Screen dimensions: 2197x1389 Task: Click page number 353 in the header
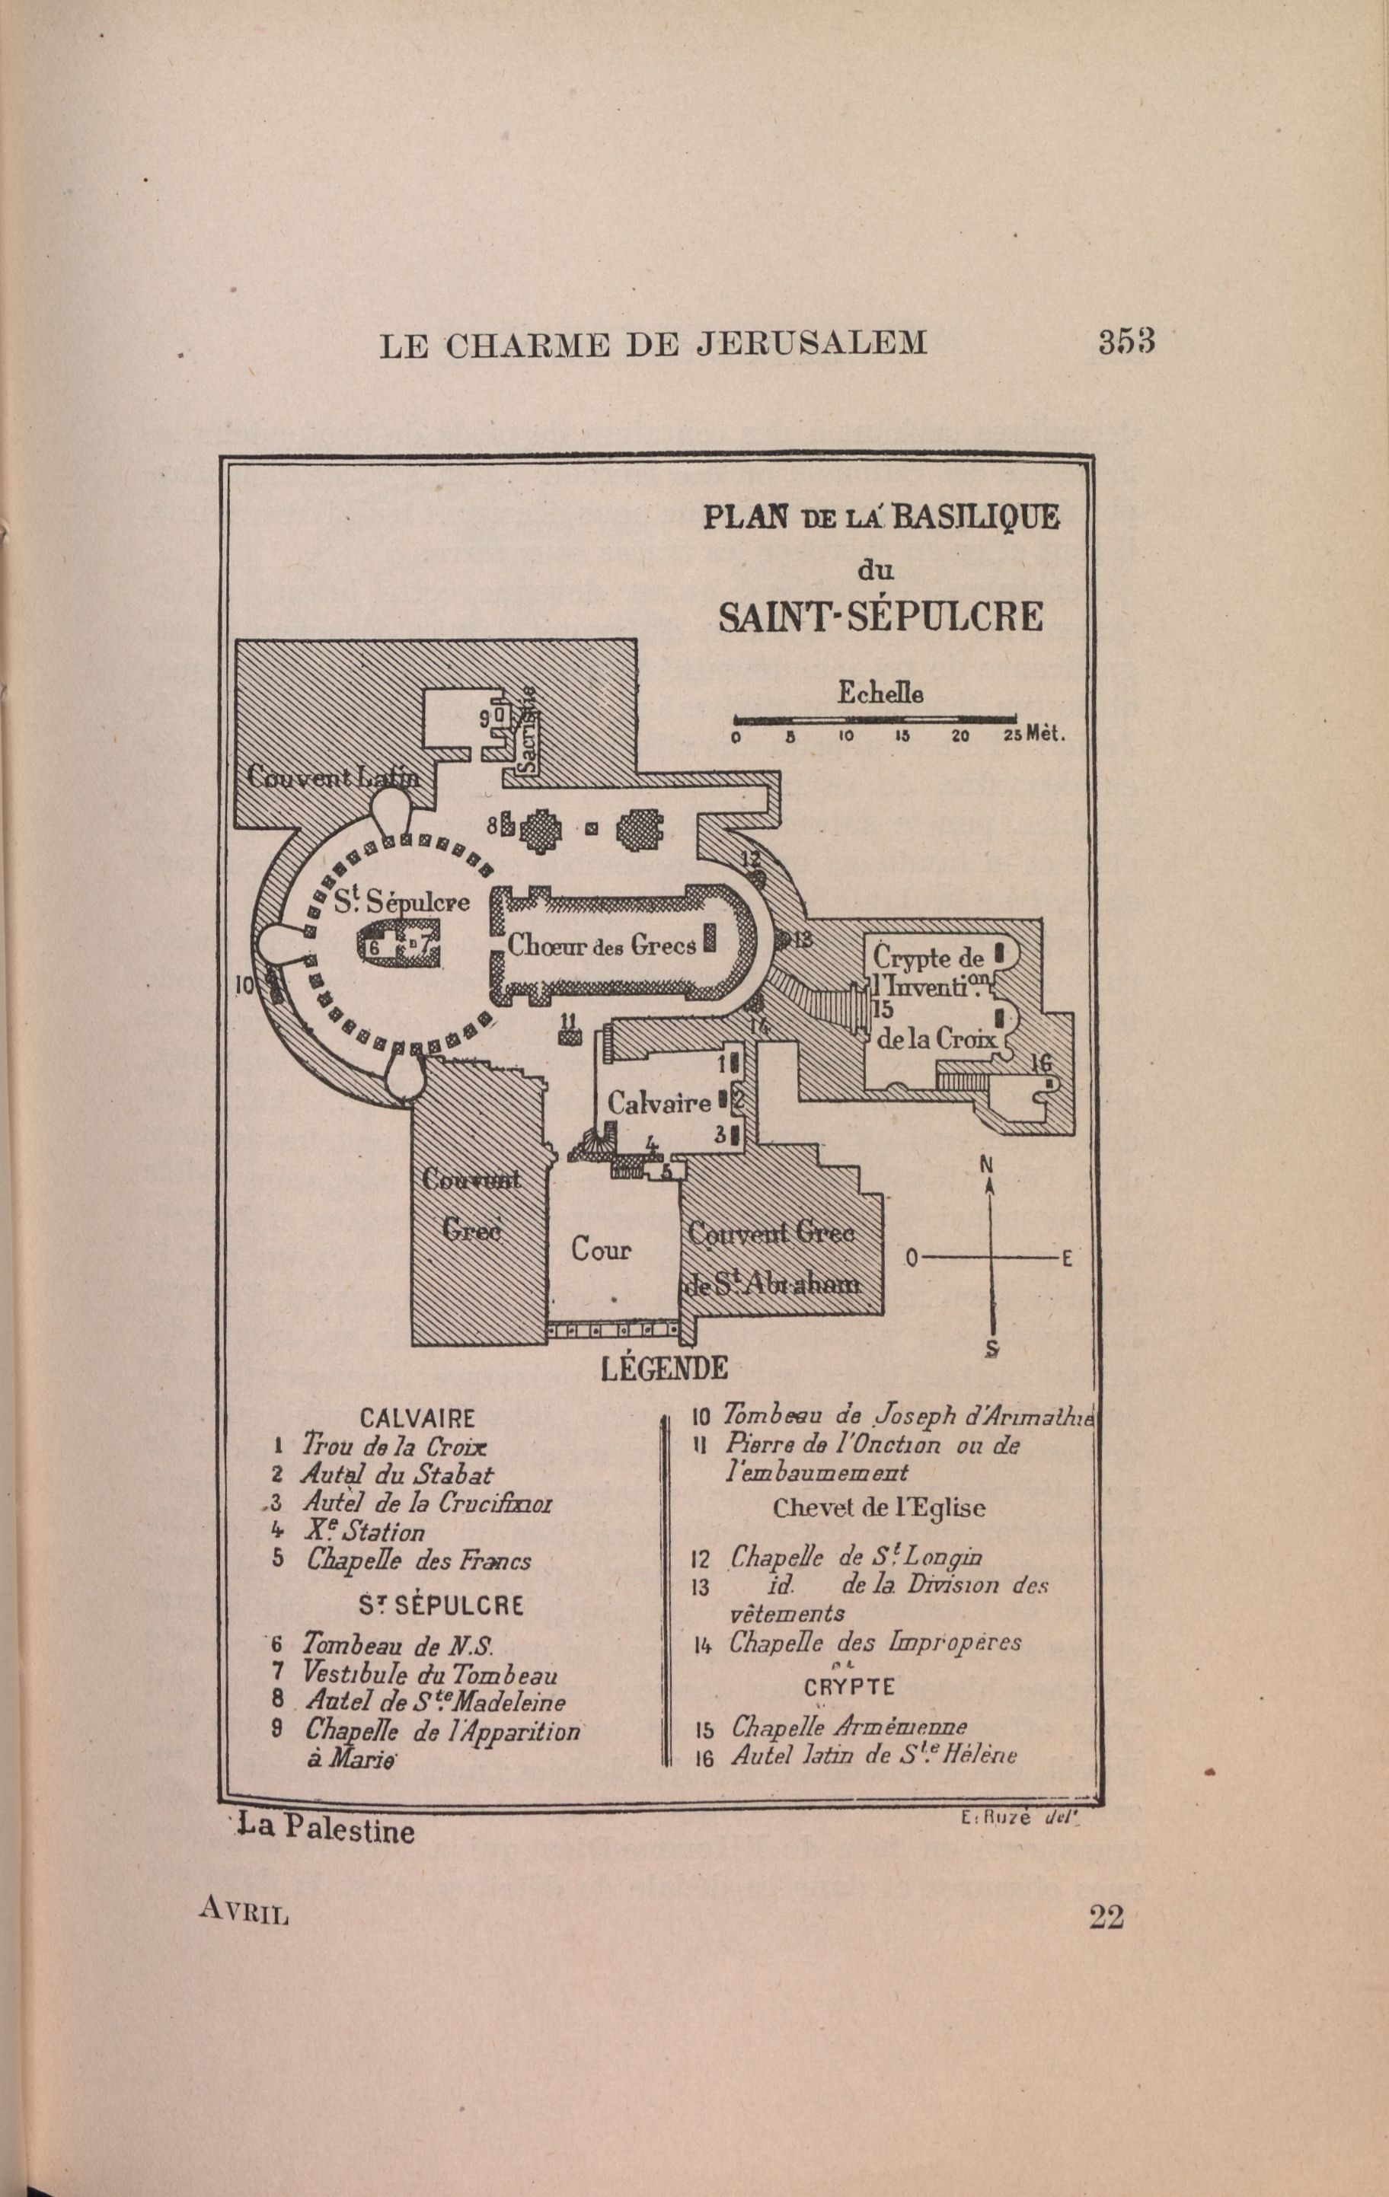(1126, 343)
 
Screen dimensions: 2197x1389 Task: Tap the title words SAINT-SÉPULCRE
(880, 617)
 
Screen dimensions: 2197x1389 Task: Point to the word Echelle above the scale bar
(880, 694)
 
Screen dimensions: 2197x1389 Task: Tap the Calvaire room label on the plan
(659, 1103)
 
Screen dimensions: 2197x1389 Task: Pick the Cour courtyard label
(602, 1248)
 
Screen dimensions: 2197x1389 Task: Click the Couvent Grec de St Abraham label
(772, 1259)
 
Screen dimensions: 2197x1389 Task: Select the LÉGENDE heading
(663, 1369)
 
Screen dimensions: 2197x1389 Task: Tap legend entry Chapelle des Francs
(419, 1559)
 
